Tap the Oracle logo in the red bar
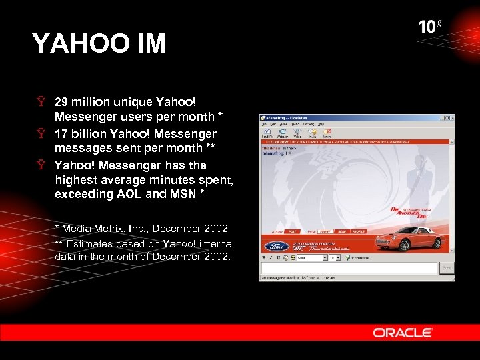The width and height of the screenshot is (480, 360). (403, 333)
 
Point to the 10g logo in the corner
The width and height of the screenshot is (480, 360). (430, 27)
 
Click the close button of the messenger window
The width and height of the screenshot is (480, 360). (451, 118)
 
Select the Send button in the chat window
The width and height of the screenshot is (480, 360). (446, 268)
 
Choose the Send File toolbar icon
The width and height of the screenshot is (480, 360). (268, 133)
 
